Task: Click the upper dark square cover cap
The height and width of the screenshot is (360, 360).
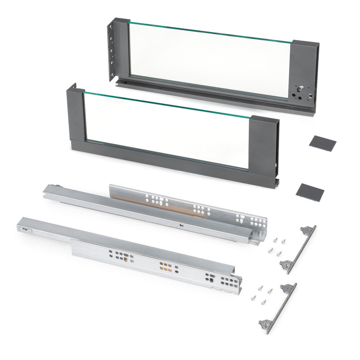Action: point(322,143)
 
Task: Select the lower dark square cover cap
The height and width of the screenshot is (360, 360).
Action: point(310,191)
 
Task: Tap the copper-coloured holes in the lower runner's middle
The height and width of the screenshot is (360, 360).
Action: point(166,267)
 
